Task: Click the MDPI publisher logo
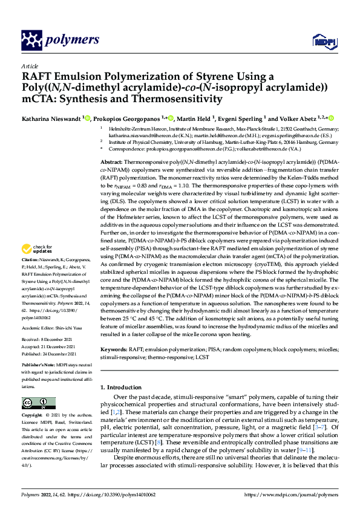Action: pyautogui.click(x=321, y=41)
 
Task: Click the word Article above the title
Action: pyautogui.click(x=30, y=66)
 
